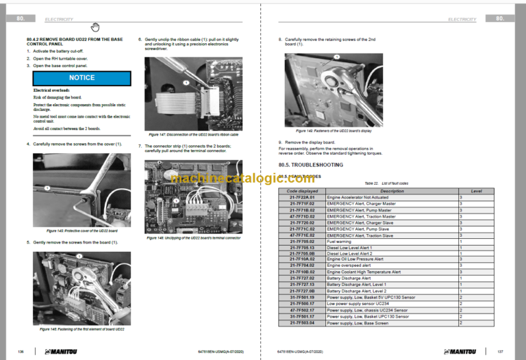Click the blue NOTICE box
82,78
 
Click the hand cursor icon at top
95,27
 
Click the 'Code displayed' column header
302,191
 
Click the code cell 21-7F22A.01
302,197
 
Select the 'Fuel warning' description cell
340,241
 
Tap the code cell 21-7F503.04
302,322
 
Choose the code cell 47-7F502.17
302,309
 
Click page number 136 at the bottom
21,351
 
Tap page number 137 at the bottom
501,351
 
